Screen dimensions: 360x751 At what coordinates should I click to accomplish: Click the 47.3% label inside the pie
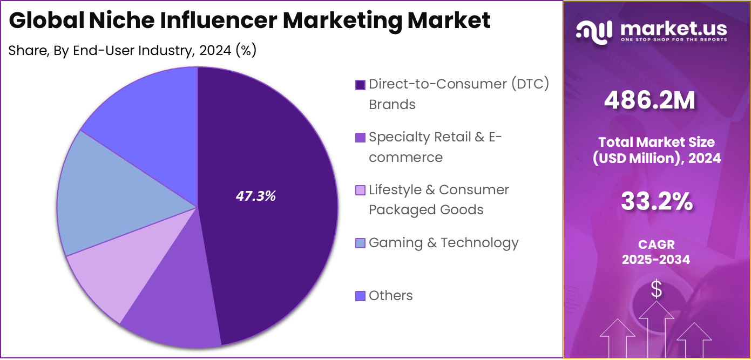click(x=255, y=196)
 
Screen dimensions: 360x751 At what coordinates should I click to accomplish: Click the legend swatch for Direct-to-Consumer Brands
click(x=360, y=85)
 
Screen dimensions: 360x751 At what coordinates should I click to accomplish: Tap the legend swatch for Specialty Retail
click(x=360, y=138)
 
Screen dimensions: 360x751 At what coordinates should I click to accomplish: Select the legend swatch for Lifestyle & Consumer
click(x=360, y=191)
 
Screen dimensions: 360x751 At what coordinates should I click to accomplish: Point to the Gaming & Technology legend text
click(x=443, y=243)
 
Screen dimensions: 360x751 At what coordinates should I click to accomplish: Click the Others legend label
click(x=390, y=296)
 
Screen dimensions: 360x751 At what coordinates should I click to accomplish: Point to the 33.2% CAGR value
click(x=657, y=202)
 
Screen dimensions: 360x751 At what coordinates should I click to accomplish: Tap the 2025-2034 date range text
click(x=655, y=260)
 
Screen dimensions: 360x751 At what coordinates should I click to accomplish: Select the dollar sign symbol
click(x=656, y=290)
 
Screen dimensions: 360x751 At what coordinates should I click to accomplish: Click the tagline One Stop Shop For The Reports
click(x=673, y=39)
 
